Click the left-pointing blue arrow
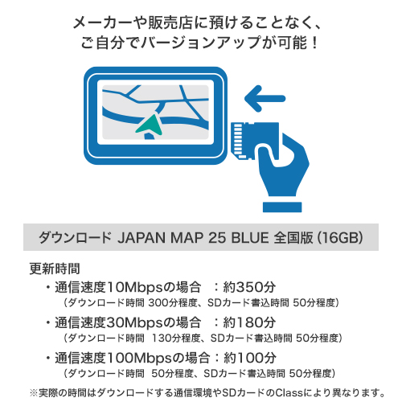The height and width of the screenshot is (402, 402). pos(265,99)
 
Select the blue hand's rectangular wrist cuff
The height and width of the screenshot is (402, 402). pos(282,207)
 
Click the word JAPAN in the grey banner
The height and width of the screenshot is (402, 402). pos(142,238)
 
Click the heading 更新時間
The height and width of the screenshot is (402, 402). pos(55,269)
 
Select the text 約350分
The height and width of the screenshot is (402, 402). pos(249,287)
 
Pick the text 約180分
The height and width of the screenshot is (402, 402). pos(249,322)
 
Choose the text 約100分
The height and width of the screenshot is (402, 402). pos(250,358)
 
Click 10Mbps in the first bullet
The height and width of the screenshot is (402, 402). pos(135,287)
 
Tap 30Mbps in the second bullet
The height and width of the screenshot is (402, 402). pos(135,322)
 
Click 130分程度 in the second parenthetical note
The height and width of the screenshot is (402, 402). pos(176,338)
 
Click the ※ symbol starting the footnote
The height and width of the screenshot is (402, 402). pos(34,393)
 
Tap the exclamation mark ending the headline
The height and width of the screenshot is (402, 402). pos(315,43)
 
